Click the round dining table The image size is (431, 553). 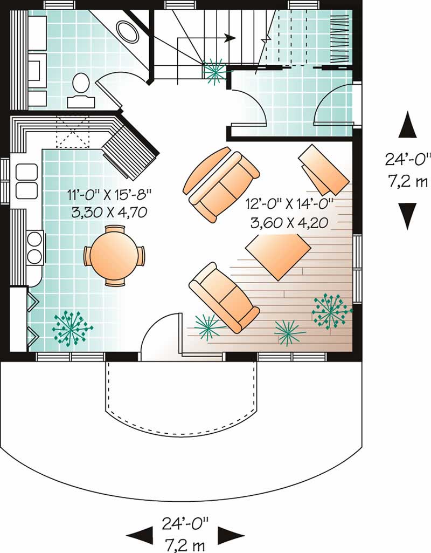[x=114, y=255]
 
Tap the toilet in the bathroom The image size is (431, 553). [x=81, y=84]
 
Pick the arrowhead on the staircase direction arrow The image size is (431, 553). [x=231, y=38]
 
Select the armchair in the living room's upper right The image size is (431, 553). [x=323, y=169]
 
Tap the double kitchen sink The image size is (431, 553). [x=25, y=181]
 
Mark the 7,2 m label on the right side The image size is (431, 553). [x=408, y=181]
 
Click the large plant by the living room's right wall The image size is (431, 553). [x=330, y=310]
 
